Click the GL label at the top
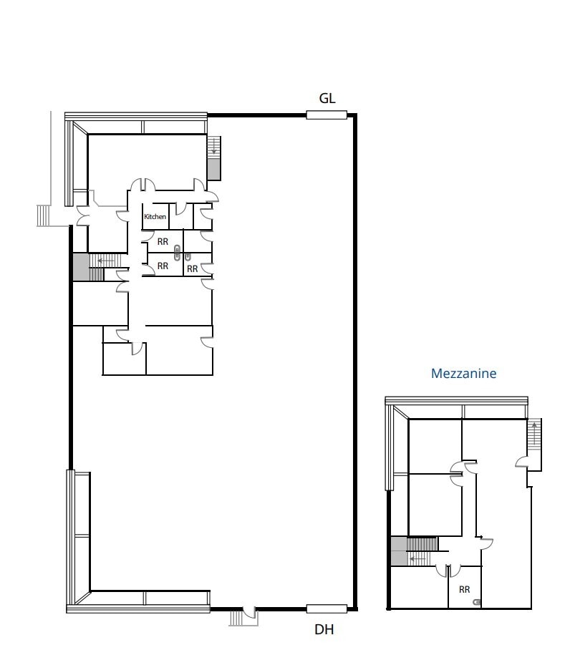[x=327, y=99]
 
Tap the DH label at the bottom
[x=324, y=630]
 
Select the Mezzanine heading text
[x=463, y=373]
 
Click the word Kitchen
[x=155, y=216]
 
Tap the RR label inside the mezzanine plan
[x=464, y=589]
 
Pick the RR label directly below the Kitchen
[x=163, y=242]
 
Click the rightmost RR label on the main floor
[x=192, y=269]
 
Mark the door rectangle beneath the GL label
[x=327, y=115]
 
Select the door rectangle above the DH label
[x=327, y=609]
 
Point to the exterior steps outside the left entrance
[x=44, y=215]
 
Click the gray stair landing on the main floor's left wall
[x=79, y=267]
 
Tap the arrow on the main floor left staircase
[x=103, y=261]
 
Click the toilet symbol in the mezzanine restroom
[x=477, y=602]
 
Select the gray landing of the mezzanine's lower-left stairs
[x=398, y=551]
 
